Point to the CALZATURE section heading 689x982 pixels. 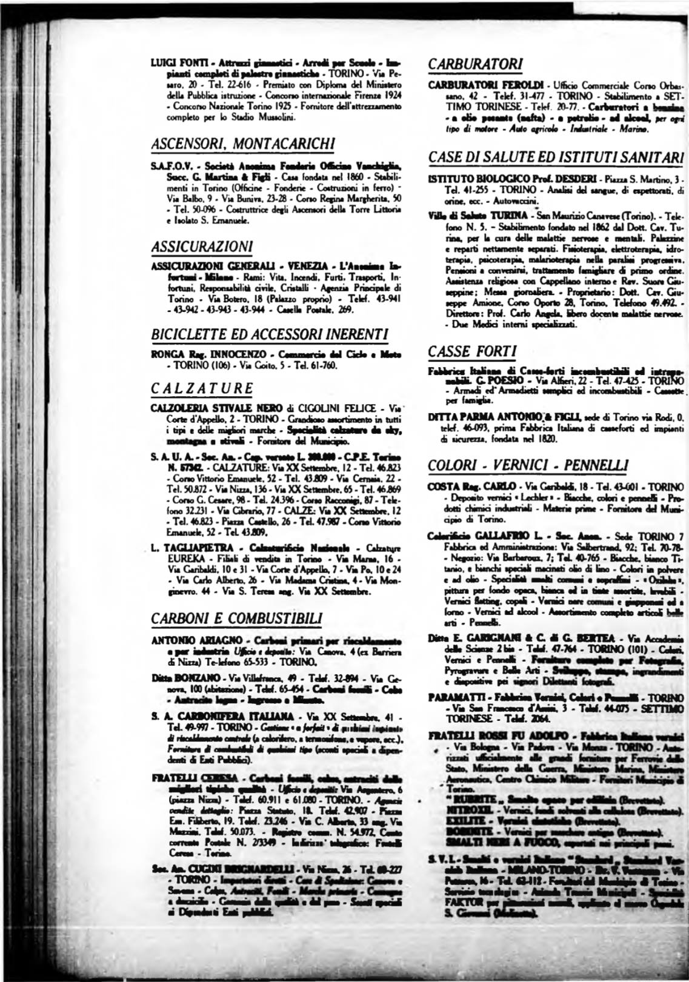click(201, 388)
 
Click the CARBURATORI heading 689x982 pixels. click(475, 64)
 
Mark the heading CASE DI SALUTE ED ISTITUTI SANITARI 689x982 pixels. click(556, 157)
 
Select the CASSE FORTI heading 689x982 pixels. click(472, 351)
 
